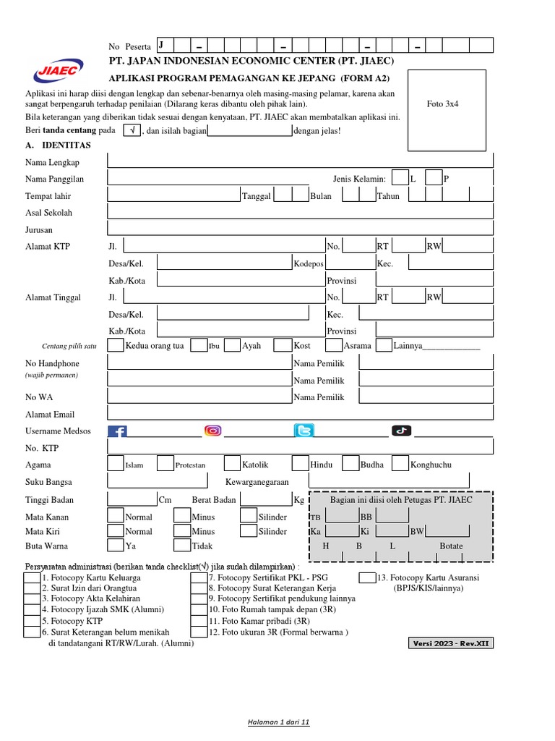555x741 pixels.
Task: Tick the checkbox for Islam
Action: pos(116,464)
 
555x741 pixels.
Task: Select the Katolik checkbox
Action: pos(232,464)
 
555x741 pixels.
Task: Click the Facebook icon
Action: pos(117,432)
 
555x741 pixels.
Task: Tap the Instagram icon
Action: pos(212,431)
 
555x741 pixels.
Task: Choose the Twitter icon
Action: pos(304,431)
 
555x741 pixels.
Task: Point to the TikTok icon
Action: pos(401,431)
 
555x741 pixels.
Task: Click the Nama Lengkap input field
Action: pos(300,161)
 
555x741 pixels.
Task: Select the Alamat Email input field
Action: pos(300,413)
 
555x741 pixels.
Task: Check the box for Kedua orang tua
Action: pos(116,345)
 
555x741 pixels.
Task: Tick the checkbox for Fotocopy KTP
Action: pos(31,620)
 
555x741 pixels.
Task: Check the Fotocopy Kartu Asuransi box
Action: pos(367,577)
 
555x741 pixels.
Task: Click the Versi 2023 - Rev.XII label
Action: pos(451,643)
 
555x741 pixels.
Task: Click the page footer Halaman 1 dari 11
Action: pos(278,722)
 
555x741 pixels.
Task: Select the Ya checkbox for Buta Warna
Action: pos(116,546)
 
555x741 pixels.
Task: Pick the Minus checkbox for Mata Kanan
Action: pos(182,516)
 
